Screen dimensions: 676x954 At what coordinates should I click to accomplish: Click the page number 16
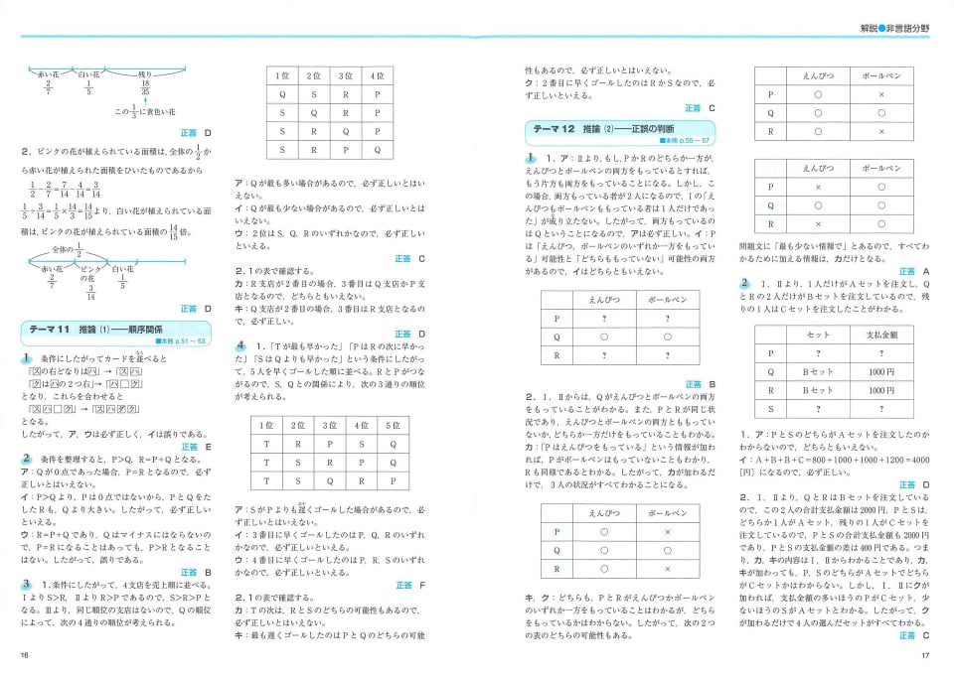(23, 655)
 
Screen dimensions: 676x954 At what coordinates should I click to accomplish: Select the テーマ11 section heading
(96, 330)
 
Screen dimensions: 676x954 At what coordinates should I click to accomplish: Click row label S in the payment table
(771, 409)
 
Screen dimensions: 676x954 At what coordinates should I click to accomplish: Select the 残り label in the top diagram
(146, 72)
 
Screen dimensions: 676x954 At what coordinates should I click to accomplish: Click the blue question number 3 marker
(27, 584)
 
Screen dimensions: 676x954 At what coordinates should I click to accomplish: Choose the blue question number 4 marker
(239, 345)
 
